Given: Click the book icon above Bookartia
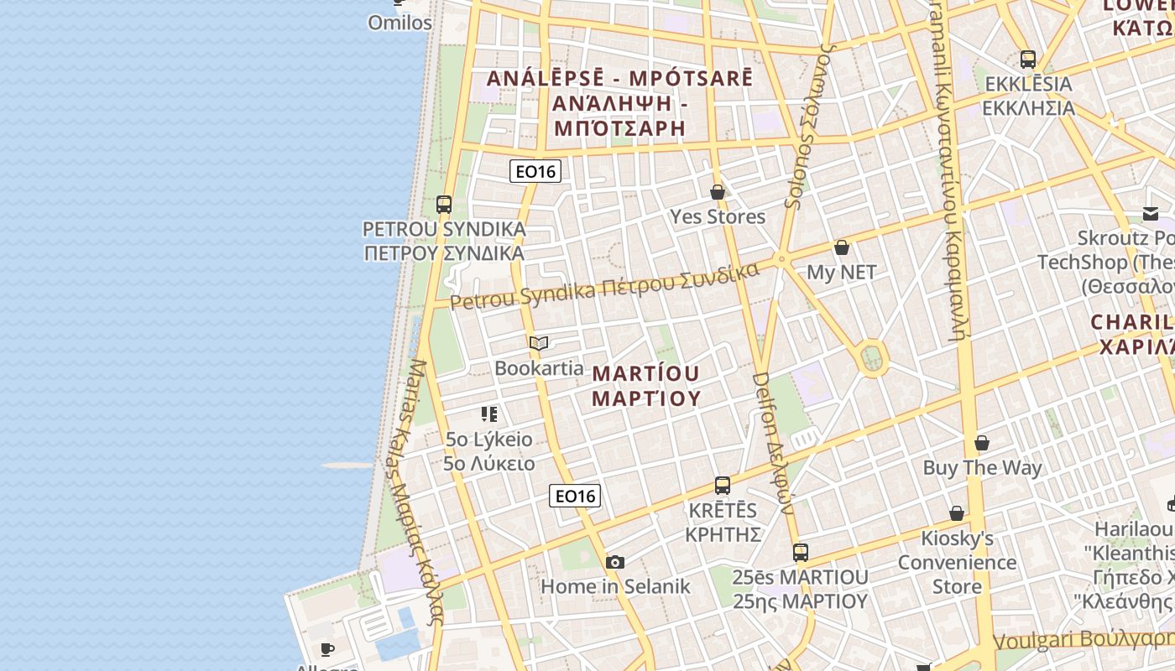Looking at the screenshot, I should point(539,343).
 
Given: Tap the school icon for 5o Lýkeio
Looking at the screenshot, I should point(489,414).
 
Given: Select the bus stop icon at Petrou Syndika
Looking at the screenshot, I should point(444,204).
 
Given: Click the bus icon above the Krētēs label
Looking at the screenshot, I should point(723,485).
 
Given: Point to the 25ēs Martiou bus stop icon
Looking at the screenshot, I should point(801,552).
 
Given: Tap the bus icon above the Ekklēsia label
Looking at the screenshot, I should point(1028,59).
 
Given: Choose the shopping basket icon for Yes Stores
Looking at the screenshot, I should point(718,192).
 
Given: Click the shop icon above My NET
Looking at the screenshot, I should point(842,247).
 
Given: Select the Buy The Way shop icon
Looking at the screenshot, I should point(982,442).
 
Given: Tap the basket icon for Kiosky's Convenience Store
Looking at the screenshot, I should point(957,512).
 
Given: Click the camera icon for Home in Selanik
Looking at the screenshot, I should point(615,562).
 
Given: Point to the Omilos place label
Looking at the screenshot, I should point(400,23).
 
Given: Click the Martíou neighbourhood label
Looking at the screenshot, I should point(646,385).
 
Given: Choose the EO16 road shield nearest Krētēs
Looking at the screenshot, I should point(575,496).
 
